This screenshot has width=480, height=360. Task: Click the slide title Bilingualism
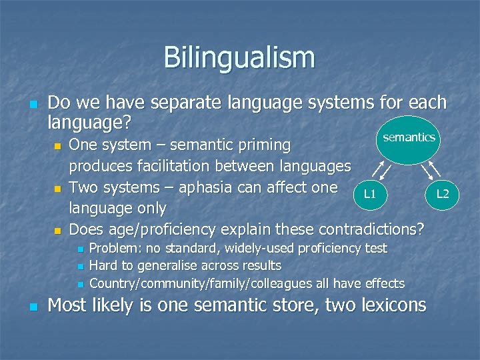tap(239, 57)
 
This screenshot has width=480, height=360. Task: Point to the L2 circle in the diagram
tap(443, 193)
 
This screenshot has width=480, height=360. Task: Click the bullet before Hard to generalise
tap(79, 267)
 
